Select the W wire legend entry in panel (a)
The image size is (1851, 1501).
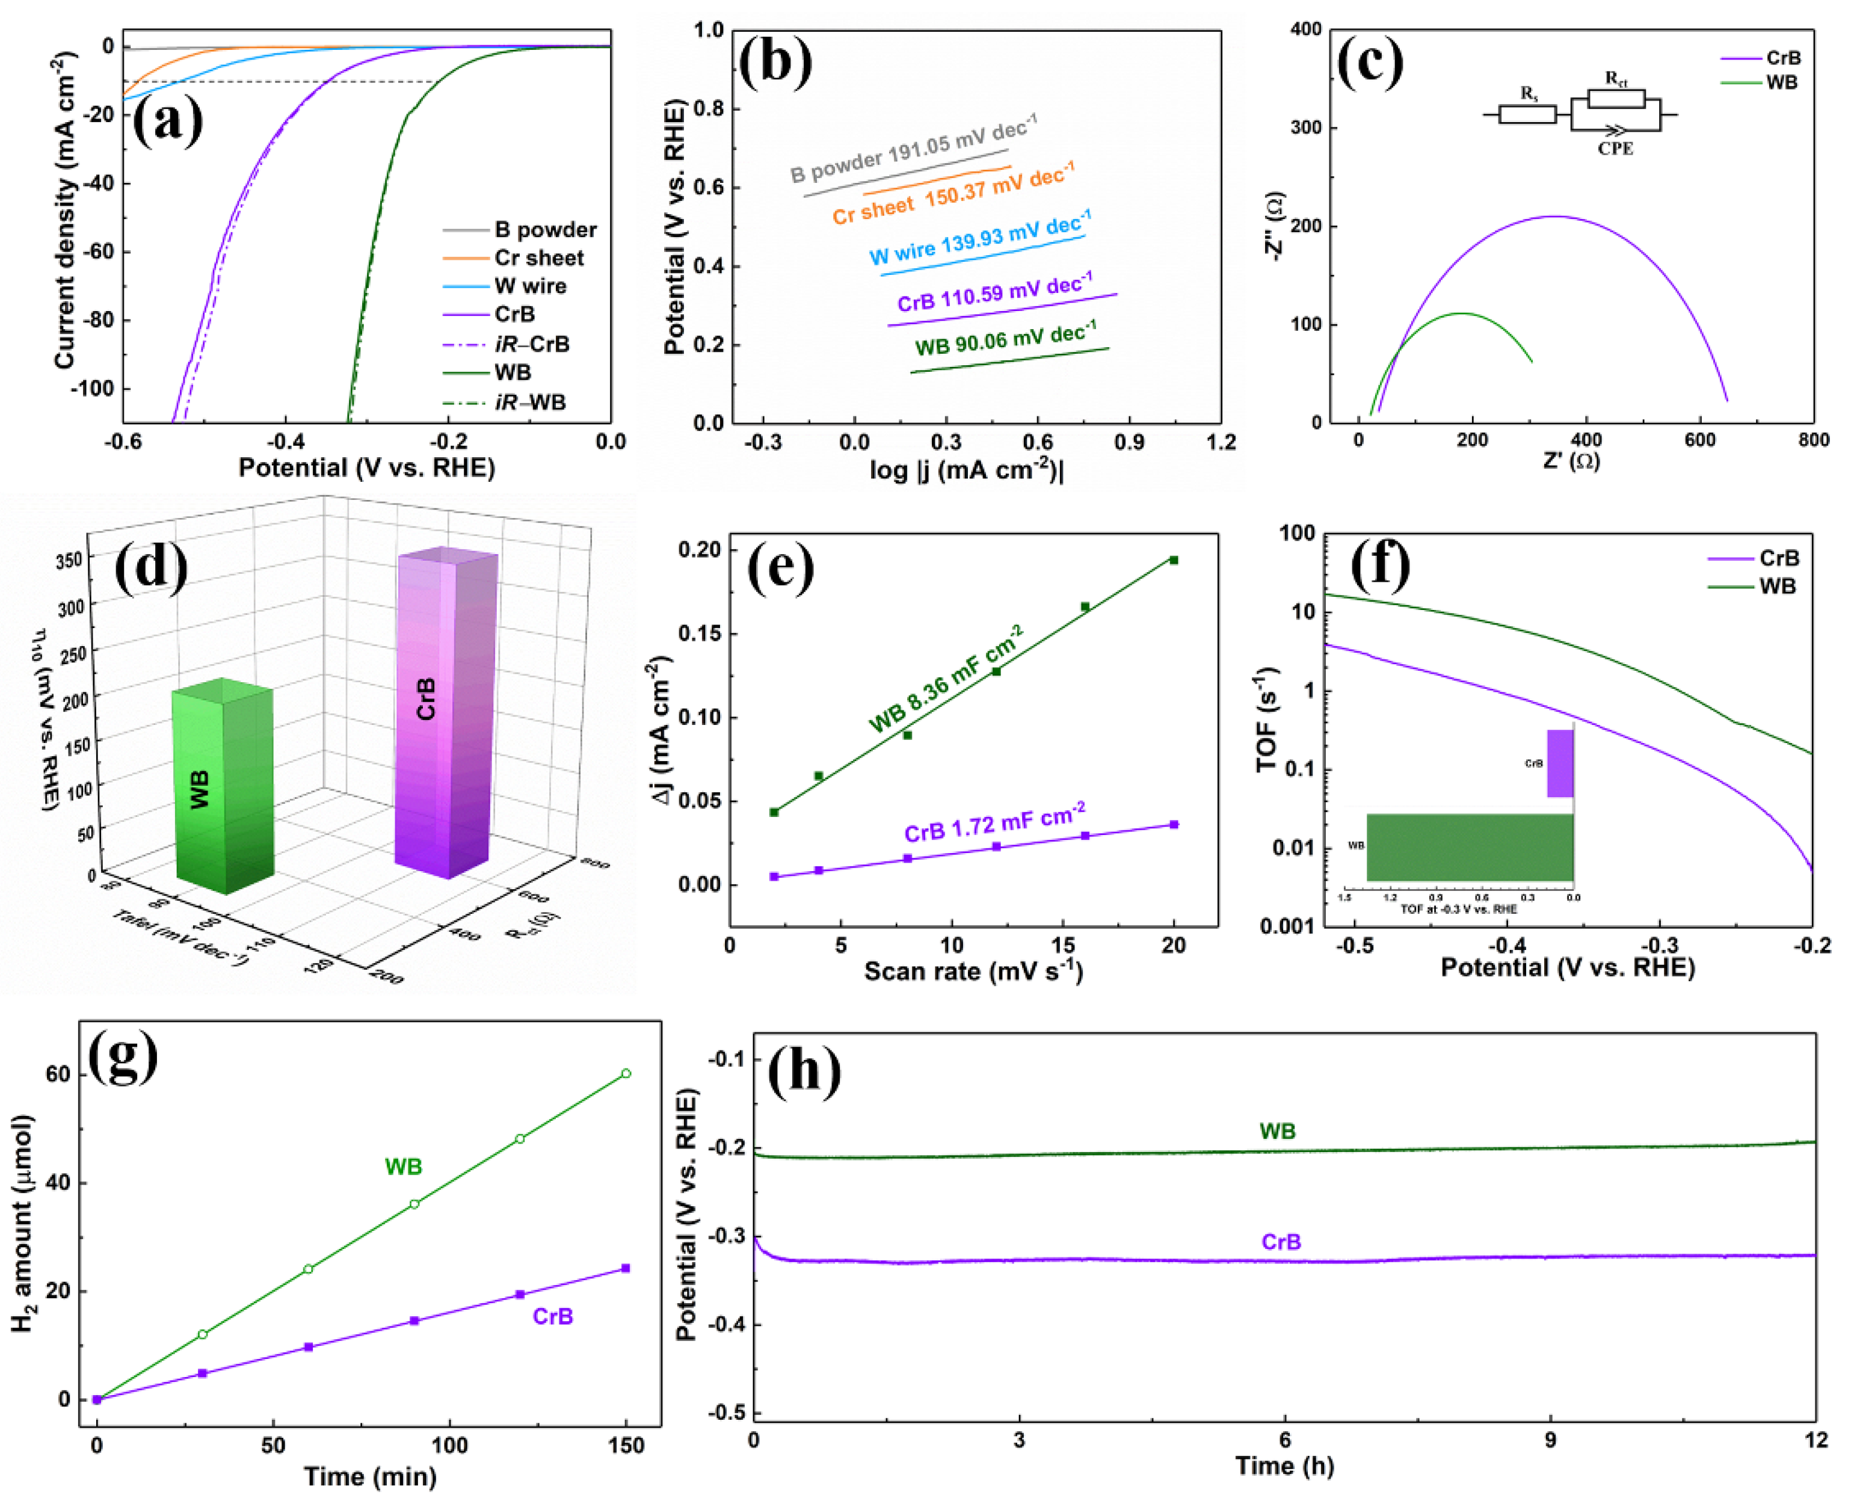(x=530, y=286)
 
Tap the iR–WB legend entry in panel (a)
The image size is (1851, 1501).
(x=530, y=402)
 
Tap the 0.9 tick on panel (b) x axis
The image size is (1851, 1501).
(x=1129, y=443)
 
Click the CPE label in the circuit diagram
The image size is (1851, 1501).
(x=1615, y=149)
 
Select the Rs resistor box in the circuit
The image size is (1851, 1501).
(x=1527, y=114)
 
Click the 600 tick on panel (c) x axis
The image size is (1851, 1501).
(x=1699, y=440)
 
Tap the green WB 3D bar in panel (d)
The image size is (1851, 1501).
(x=223, y=787)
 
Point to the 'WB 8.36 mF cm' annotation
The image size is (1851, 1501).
(x=946, y=680)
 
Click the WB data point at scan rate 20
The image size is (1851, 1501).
(x=1173, y=560)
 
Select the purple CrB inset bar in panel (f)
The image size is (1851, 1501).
(x=1560, y=763)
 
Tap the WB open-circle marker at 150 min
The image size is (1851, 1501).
(x=626, y=1074)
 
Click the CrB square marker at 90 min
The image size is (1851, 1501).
(x=414, y=1321)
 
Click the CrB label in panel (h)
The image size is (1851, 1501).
(x=1280, y=1242)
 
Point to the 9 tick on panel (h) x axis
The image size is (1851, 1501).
(x=1550, y=1440)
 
